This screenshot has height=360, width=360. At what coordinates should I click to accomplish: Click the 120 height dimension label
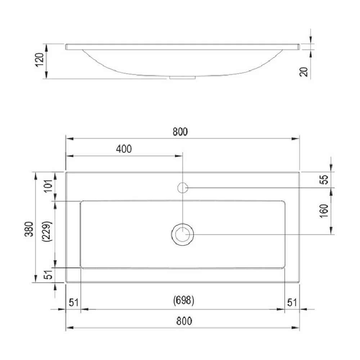point(39,60)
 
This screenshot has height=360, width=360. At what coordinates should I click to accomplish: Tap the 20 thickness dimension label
point(304,72)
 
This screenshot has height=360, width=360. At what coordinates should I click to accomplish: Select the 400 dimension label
point(124,149)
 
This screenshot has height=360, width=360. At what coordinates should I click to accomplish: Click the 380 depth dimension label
point(29,229)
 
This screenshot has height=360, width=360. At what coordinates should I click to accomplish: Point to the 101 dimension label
point(48,186)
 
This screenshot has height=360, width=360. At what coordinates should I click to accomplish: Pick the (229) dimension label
point(47,231)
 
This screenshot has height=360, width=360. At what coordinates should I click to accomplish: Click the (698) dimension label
point(184,300)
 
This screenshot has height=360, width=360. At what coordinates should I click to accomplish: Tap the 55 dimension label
point(324,180)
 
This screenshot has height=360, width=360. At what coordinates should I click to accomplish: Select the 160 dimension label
point(324,211)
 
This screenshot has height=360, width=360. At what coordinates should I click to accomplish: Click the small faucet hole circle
point(183,183)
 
